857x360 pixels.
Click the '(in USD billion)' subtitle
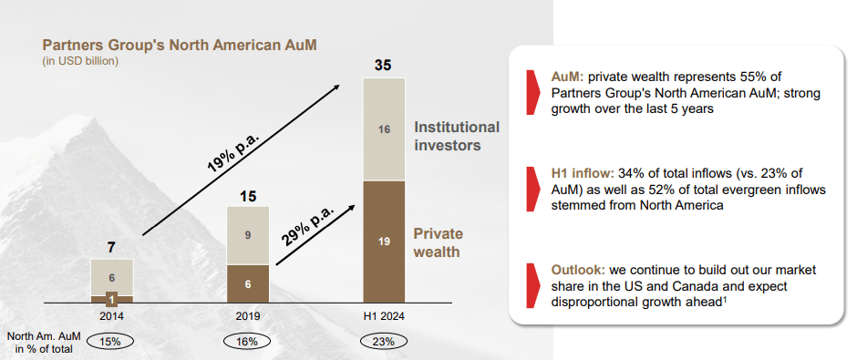(81, 61)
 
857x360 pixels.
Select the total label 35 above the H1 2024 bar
(384, 65)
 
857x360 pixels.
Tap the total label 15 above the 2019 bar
(247, 195)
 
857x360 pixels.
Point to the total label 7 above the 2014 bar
(111, 247)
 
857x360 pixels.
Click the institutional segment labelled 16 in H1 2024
(384, 129)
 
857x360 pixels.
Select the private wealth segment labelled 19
(384, 242)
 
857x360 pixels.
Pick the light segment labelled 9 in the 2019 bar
(247, 235)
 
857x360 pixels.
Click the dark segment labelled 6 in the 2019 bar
(247, 283)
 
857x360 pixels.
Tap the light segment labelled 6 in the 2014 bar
(111, 277)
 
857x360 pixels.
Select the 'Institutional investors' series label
(457, 136)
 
